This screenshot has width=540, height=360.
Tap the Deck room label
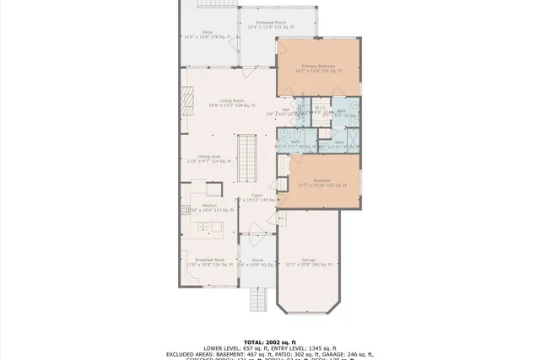click(x=207, y=35)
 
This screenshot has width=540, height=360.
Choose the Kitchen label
click(x=209, y=207)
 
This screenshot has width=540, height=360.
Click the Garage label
click(x=307, y=262)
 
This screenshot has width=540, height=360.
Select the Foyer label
click(x=256, y=197)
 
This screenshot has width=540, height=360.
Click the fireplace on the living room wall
click(x=182, y=100)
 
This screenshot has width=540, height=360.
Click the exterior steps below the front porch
click(x=260, y=298)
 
